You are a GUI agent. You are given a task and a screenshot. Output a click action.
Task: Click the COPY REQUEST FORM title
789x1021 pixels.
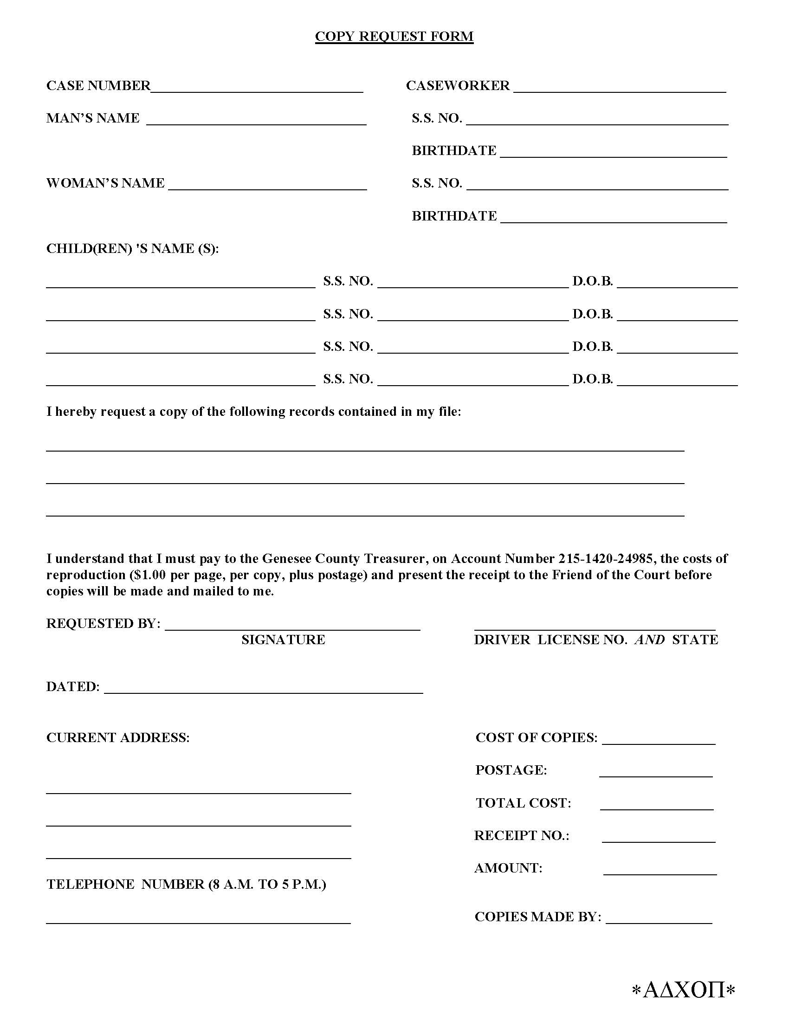394,37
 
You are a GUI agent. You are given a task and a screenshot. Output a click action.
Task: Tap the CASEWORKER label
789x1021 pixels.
458,85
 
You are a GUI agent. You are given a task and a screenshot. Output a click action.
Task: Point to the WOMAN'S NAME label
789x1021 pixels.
105,183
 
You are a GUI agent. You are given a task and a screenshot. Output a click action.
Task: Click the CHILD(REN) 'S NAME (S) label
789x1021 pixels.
132,248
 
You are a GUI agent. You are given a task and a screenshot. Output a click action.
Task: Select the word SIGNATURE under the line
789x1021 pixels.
283,640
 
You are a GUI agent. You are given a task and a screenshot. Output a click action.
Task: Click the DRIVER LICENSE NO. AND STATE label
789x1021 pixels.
595,640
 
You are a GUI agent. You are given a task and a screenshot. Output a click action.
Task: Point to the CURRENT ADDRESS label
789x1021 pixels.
118,737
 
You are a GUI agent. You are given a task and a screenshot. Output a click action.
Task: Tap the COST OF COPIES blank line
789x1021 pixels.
659,740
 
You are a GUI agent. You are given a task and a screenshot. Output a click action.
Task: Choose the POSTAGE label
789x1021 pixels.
511,770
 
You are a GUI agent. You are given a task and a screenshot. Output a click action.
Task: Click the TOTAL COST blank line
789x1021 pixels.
656,806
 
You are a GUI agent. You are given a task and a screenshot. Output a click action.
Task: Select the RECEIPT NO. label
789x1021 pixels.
522,835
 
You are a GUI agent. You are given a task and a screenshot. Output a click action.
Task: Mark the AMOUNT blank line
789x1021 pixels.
660,871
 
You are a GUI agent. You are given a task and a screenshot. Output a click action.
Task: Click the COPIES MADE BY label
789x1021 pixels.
537,917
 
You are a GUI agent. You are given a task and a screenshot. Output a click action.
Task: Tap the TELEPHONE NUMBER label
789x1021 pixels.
186,884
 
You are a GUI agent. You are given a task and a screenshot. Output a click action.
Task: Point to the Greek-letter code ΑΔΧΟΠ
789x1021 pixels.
683,990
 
